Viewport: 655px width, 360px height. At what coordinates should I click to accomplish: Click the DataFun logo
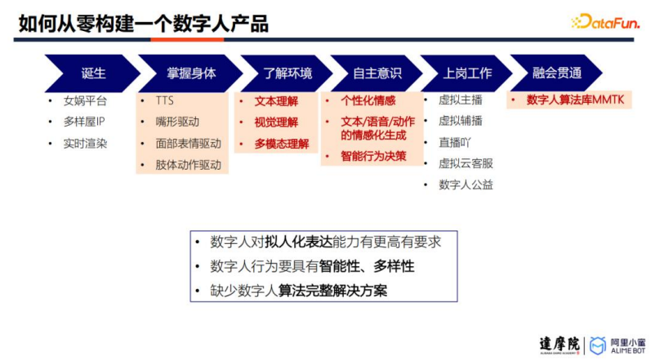tap(605, 22)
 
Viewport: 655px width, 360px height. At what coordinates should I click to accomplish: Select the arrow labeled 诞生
tap(93, 73)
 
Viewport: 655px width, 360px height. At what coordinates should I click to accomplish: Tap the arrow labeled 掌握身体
tap(190, 73)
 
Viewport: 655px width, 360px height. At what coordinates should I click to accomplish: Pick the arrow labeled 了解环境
tap(287, 73)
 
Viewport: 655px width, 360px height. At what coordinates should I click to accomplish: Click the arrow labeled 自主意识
tap(377, 73)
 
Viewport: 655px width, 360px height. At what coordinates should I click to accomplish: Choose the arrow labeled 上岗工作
tap(466, 73)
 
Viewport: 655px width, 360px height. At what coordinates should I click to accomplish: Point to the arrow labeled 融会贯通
tap(556, 73)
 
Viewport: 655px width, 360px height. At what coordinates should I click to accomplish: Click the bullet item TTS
tap(164, 100)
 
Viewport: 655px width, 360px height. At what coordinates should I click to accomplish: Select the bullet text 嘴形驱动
tap(177, 122)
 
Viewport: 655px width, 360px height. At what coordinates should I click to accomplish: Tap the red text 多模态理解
tap(282, 144)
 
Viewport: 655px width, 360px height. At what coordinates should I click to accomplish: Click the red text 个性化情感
tap(368, 100)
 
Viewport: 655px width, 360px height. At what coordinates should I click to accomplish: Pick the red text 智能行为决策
tap(373, 156)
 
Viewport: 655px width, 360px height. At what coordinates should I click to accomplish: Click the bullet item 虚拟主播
tap(461, 100)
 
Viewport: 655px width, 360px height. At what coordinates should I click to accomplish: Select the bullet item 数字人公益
tap(466, 184)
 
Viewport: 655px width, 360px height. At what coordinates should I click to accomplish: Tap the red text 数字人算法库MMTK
tap(575, 100)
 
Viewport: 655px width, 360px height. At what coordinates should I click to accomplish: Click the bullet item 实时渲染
tap(85, 144)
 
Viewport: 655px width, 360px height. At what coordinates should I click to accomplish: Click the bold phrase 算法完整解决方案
tap(332, 291)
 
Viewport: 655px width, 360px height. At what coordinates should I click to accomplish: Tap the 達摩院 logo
tap(559, 345)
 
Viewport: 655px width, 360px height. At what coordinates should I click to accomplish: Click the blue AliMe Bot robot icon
tap(597, 345)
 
